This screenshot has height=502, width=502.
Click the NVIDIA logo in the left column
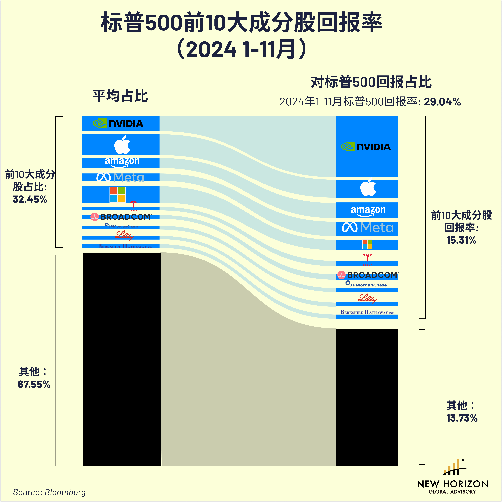coord(118,123)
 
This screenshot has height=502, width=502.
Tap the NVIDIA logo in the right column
coord(365,147)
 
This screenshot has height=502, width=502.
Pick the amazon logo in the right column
coord(368,210)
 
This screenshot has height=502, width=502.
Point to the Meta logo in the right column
coord(367,228)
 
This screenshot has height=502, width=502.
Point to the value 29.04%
coord(442,102)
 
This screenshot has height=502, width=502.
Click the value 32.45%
coord(30,199)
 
